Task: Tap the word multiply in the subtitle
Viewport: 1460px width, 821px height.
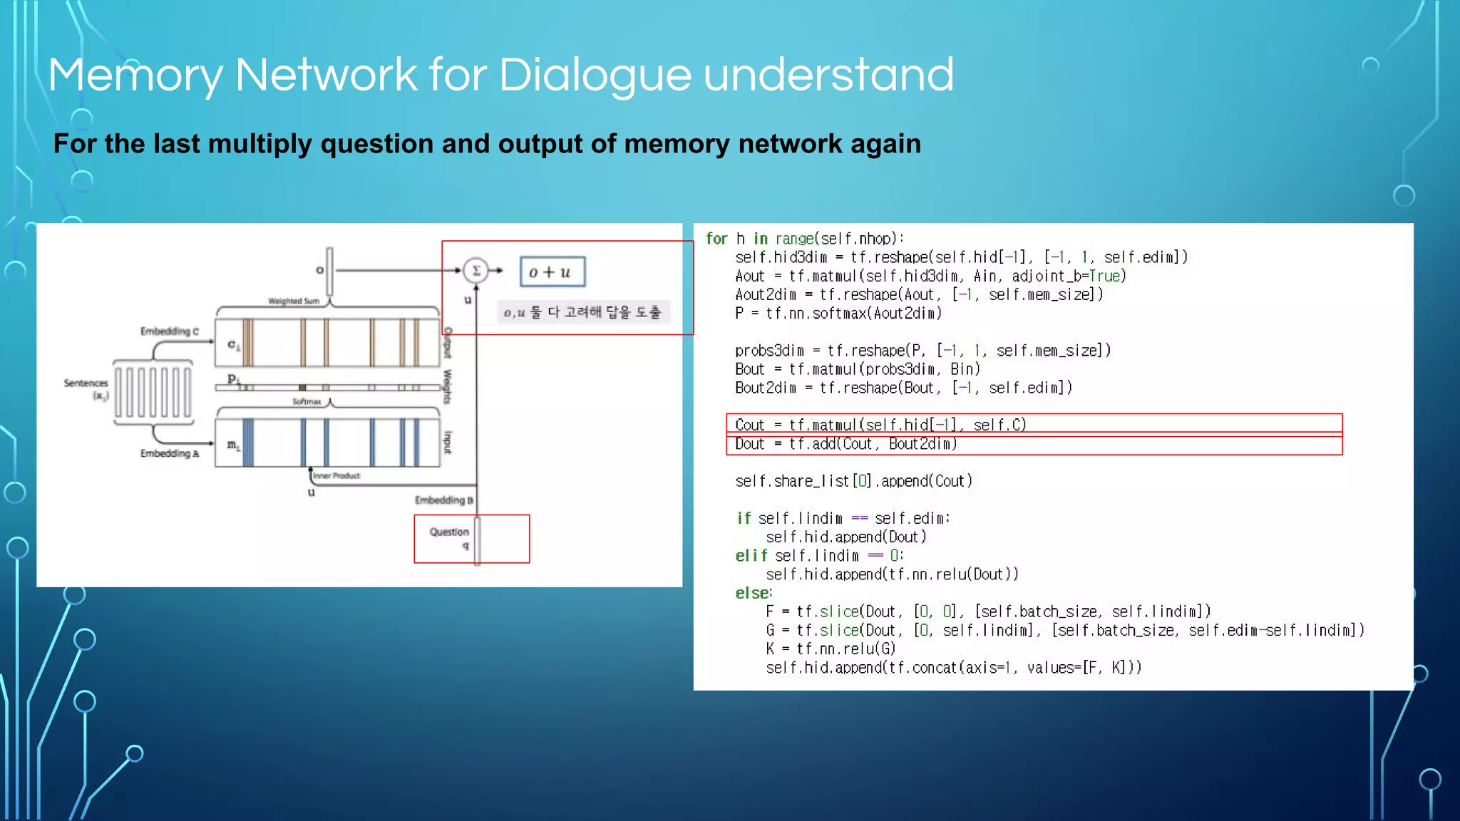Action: [x=259, y=144]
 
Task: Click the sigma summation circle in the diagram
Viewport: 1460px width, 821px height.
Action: [x=475, y=271]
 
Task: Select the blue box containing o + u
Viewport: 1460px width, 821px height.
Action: [x=552, y=272]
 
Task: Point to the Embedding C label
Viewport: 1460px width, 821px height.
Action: [x=170, y=331]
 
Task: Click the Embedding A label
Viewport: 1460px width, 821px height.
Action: [x=170, y=454]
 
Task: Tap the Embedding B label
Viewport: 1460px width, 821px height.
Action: [x=443, y=500]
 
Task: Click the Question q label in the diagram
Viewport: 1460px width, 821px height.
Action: [x=450, y=537]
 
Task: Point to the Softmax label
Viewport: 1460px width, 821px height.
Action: [x=307, y=402]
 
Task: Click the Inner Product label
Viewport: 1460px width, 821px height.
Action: [x=336, y=476]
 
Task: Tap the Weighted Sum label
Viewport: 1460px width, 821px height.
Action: [x=294, y=301]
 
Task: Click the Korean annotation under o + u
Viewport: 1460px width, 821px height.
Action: [x=582, y=313]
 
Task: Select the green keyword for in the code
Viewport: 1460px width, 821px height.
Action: [x=716, y=239]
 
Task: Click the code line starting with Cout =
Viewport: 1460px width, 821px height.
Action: [x=880, y=425]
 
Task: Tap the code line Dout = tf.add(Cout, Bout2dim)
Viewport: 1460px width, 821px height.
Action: [x=845, y=444]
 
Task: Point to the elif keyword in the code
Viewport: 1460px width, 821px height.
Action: [x=751, y=556]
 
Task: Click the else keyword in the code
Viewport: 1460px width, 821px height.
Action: [x=753, y=593]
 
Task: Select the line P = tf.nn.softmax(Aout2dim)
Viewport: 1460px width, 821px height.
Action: [x=838, y=314]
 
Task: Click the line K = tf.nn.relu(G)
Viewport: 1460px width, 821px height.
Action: [x=831, y=649]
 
